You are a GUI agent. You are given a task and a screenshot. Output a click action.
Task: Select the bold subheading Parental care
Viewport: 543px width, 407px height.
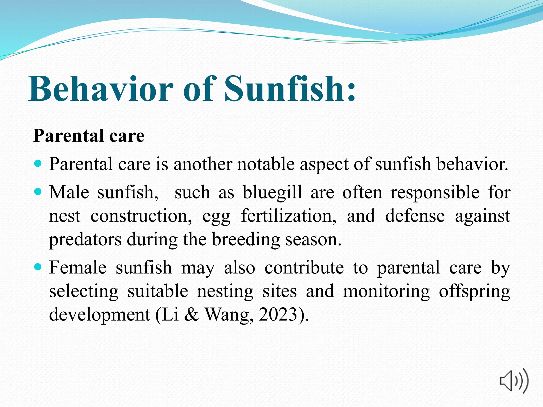[89, 136]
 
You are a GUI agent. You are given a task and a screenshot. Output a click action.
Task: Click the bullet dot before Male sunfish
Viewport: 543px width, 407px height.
[38, 191]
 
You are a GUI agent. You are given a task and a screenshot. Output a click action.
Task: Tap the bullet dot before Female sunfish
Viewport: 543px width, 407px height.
[38, 267]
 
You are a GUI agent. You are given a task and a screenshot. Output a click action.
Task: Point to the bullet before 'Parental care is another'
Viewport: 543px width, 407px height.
[38, 163]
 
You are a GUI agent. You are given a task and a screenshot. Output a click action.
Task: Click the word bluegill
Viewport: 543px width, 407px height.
[272, 192]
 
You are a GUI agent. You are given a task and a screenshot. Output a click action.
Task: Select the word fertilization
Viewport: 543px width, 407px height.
[288, 216]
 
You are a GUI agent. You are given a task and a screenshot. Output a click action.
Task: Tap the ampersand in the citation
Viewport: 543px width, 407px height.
[191, 315]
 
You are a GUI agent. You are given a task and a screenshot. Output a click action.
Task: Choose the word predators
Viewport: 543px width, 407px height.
[85, 240]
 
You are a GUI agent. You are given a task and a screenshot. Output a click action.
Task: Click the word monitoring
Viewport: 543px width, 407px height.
[386, 291]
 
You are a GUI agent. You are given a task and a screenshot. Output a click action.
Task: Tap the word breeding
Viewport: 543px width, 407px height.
[246, 240]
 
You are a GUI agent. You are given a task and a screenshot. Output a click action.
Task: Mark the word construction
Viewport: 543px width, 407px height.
[141, 216]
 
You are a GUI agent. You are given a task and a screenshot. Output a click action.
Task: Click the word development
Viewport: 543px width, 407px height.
[99, 315]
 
